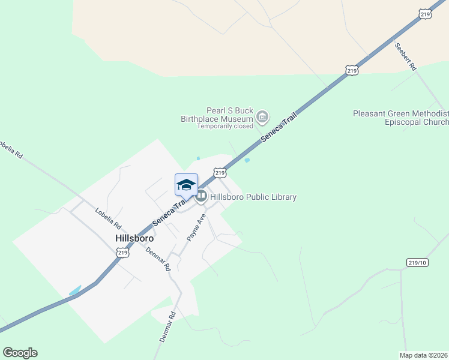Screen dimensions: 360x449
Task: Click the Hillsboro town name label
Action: click(135, 238)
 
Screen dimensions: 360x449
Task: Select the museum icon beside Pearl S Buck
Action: click(262, 116)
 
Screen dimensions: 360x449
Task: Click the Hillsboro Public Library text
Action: click(253, 197)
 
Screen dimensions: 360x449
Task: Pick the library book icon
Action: click(201, 196)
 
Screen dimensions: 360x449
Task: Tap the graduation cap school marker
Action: click(186, 184)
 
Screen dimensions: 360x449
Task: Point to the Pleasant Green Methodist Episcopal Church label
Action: click(400, 118)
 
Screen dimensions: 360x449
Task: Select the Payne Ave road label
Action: click(196, 227)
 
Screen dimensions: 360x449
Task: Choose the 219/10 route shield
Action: click(417, 262)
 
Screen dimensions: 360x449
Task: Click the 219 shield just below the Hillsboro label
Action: click(122, 253)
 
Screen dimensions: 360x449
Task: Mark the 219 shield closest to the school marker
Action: click(220, 173)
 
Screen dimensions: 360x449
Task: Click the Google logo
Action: click(20, 353)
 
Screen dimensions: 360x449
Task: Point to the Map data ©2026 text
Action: click(423, 355)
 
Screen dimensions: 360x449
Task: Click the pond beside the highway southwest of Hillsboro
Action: click(75, 290)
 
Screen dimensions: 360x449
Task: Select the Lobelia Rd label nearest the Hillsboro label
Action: click(108, 219)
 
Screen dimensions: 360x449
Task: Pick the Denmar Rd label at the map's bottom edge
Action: click(167, 327)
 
